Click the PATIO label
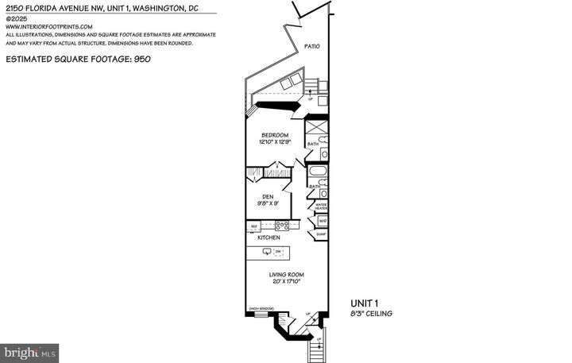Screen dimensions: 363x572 point(312,47)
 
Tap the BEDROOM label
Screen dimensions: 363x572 point(275,135)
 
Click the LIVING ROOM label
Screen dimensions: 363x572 point(287,275)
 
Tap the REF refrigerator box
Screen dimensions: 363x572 point(254,226)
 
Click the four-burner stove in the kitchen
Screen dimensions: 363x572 point(281,226)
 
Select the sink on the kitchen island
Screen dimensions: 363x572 point(266,252)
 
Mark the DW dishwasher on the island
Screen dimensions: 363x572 point(279,252)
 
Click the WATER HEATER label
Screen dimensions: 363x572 point(321,206)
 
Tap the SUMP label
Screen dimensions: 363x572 point(321,235)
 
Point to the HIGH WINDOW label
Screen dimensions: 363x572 point(260,308)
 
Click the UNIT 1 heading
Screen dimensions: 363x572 point(365,303)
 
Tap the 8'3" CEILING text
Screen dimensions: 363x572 point(372,314)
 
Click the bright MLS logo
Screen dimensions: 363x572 point(30,350)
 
